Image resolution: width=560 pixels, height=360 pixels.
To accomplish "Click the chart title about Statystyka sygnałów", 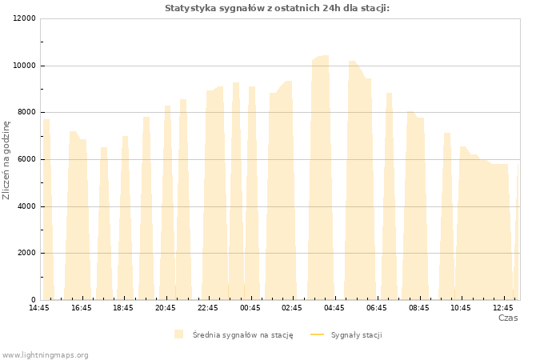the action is (x=277, y=8).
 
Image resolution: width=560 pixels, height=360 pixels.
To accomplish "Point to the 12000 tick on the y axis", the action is (x=25, y=18).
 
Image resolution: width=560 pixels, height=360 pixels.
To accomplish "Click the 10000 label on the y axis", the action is (x=25, y=66).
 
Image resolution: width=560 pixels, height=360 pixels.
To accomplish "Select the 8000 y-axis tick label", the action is (x=26, y=112).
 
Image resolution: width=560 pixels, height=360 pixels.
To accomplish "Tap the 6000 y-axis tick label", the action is (x=26, y=159).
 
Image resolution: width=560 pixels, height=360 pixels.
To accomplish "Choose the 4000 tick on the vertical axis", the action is (x=26, y=206).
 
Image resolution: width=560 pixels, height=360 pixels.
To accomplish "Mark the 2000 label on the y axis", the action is (x=26, y=253).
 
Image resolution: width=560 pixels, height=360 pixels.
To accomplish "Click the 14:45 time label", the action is (x=39, y=308).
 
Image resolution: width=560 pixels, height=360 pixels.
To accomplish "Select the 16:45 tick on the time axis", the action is (x=82, y=308).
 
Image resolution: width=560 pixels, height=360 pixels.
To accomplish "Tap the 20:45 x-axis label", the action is (x=166, y=308).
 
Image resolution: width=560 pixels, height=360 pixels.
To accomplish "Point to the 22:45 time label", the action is (x=207, y=308).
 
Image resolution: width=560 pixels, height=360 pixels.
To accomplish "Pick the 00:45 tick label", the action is (x=250, y=308).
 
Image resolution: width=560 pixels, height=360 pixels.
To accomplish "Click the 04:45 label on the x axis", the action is (x=334, y=308).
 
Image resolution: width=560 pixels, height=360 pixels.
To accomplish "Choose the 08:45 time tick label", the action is (x=419, y=308).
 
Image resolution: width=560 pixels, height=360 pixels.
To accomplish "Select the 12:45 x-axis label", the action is (x=503, y=308).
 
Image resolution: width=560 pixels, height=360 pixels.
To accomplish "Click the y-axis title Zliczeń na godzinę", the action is (x=6, y=160).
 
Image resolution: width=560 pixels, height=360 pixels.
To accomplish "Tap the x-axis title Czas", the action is (x=508, y=318).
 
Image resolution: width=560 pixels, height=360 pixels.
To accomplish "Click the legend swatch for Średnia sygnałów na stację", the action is (x=179, y=334).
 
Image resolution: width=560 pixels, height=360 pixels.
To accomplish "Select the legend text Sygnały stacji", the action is (x=357, y=335).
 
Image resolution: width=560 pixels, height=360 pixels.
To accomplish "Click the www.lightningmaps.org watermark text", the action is (x=45, y=355).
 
